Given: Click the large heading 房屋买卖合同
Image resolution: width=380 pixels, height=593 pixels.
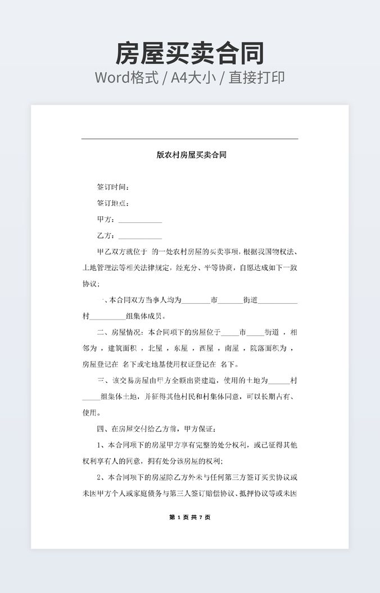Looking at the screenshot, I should tap(190, 53).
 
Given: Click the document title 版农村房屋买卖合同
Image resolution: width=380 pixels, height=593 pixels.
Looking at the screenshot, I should tap(191, 155).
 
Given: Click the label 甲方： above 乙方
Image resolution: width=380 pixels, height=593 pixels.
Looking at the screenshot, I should tap(106, 220).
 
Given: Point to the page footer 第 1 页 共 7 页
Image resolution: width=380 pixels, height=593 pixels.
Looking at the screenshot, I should tap(190, 517).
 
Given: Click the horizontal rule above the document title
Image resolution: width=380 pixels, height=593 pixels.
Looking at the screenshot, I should tap(190, 139).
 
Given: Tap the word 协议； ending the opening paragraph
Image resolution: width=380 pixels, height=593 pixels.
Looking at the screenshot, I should tap(91, 284).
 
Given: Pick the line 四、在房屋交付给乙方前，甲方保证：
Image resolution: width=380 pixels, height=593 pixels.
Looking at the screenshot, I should tap(160, 430).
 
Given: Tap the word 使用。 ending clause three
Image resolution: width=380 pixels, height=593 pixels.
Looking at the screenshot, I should tap(92, 413).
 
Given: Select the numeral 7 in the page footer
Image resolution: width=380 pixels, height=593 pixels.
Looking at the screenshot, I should tap(200, 517).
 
